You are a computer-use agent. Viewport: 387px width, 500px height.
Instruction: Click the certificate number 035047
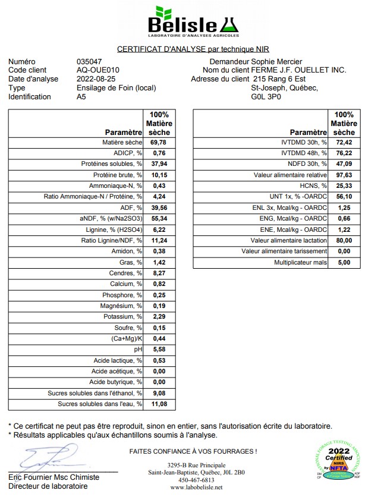pos(89,62)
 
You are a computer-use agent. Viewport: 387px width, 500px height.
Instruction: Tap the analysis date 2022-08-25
pos(96,79)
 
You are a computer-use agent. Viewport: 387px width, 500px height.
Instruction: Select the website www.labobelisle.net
pos(196,488)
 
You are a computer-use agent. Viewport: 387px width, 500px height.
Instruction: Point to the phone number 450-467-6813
pos(196,480)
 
